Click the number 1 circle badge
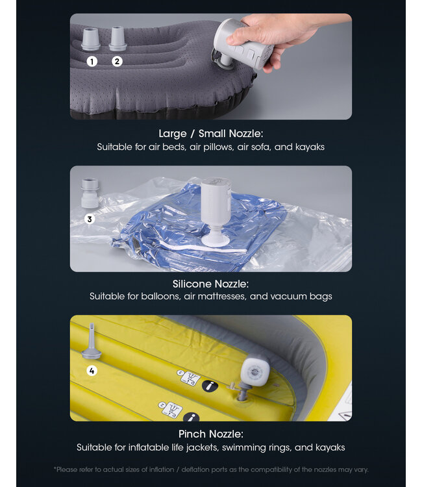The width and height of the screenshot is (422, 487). coord(92,62)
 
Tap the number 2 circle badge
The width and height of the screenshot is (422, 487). coord(117,62)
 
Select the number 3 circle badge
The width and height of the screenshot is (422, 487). coord(90,219)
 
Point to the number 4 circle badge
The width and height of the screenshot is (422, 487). coord(92,371)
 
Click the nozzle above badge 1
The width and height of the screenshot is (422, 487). coord(91,39)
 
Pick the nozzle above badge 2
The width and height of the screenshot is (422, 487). coord(117,38)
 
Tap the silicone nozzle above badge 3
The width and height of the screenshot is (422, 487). coord(90,194)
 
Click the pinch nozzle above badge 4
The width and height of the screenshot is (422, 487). coord(91,342)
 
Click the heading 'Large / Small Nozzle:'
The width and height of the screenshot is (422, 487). coord(210,134)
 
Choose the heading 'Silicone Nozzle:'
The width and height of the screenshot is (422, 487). coord(210,284)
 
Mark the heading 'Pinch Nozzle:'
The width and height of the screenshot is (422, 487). coord(210,434)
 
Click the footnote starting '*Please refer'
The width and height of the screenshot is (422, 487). coord(210,469)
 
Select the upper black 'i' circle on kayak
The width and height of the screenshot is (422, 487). coord(209,386)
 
